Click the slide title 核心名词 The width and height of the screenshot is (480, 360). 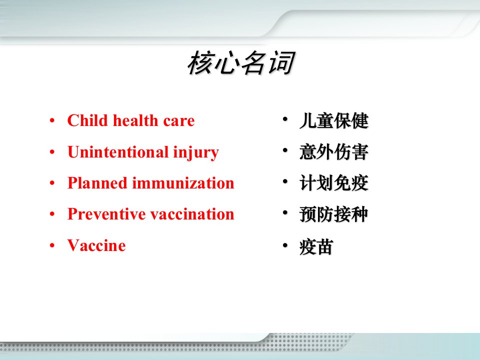tap(241, 63)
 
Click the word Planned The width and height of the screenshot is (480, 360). tap(97, 183)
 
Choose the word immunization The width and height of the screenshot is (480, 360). tap(183, 183)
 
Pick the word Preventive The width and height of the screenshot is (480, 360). tap(106, 214)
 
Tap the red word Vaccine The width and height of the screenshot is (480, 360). tap(96, 245)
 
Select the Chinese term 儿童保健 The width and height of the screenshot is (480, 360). tap(334, 120)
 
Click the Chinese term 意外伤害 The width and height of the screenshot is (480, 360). tap(334, 152)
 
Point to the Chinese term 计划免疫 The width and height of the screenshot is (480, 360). tap(334, 183)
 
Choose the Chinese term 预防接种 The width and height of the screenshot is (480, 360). tap(334, 214)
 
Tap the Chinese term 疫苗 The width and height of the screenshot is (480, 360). tap(316, 246)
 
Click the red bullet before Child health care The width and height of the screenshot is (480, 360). tap(52, 120)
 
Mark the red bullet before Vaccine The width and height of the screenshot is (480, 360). tap(52, 245)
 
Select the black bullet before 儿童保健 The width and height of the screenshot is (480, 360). tap(285, 119)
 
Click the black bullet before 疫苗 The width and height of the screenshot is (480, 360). tap(285, 245)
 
